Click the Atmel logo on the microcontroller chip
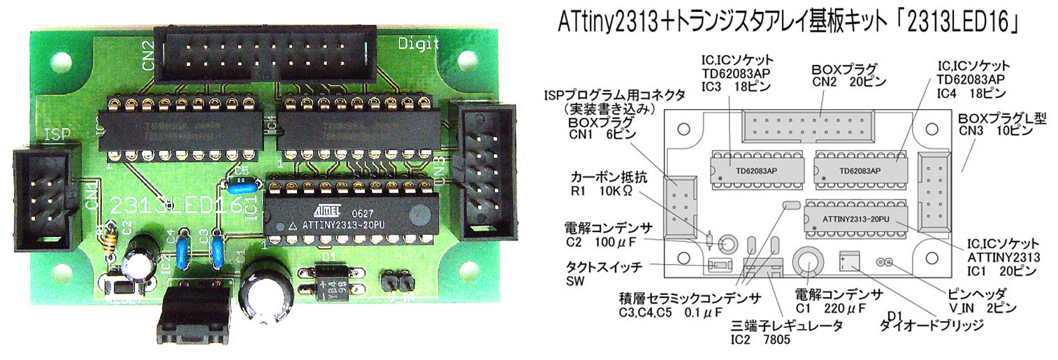pos(326,208)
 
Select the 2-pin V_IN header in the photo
pos(393,282)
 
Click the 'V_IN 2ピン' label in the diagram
pos(978,308)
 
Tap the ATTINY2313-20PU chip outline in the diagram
pos(855,219)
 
